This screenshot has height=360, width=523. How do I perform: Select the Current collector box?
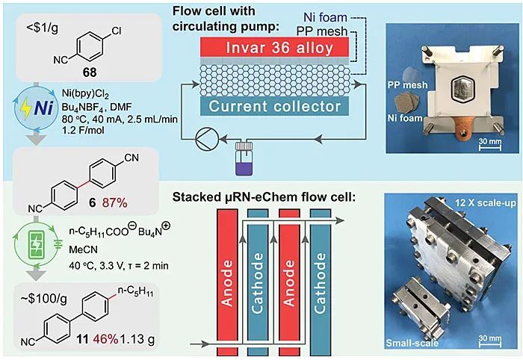tap(275, 107)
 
